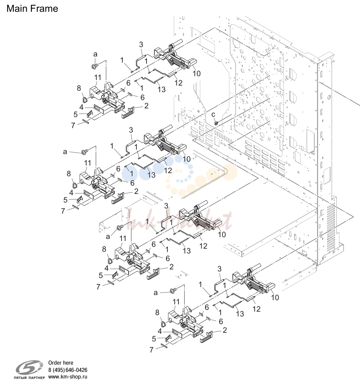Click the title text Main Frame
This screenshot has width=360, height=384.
click(x=32, y=9)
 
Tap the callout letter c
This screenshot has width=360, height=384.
click(x=213, y=114)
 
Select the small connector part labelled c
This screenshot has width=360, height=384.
click(x=216, y=123)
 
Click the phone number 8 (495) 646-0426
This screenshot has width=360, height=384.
click(x=68, y=370)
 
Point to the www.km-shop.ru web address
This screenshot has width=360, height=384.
click(x=68, y=377)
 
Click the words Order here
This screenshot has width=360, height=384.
click(x=61, y=363)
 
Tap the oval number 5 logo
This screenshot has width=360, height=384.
click(x=29, y=367)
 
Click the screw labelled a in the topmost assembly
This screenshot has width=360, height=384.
click(x=94, y=66)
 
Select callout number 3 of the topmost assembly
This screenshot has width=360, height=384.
click(x=141, y=45)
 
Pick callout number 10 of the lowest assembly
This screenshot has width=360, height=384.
click(x=275, y=297)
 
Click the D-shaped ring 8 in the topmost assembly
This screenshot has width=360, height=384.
click(x=85, y=100)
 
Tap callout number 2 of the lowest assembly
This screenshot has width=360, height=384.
click(x=225, y=330)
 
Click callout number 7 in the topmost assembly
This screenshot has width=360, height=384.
click(x=73, y=125)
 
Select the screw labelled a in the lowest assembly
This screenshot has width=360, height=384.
click(x=173, y=291)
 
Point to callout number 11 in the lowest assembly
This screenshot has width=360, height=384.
click(x=176, y=302)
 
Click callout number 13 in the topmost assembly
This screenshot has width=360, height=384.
click(x=161, y=89)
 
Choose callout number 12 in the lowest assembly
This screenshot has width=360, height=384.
click(x=256, y=309)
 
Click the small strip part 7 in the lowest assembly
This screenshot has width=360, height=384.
click(x=164, y=346)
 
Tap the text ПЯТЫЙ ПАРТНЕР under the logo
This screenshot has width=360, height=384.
click(x=29, y=378)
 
